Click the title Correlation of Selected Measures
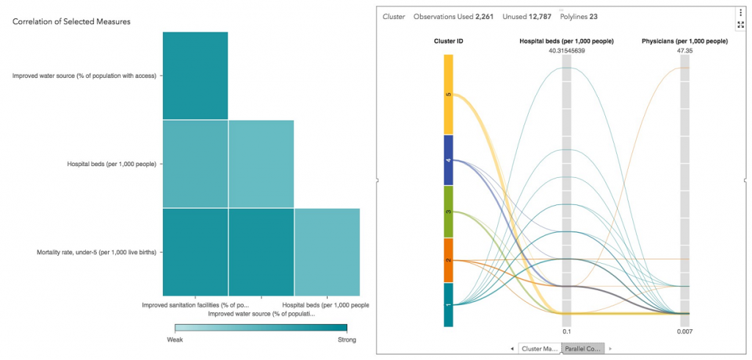(x=71, y=22)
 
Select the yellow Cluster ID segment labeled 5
(x=447, y=94)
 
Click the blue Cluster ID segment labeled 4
(x=447, y=159)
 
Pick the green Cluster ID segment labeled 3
(x=447, y=212)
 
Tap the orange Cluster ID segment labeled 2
(x=447, y=260)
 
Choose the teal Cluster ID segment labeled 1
(x=447, y=304)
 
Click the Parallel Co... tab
(x=583, y=348)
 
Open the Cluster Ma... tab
(x=540, y=348)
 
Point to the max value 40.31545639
(x=566, y=51)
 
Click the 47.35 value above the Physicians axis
(x=684, y=51)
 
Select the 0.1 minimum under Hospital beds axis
(x=566, y=332)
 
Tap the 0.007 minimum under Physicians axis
(x=684, y=332)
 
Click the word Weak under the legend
(x=174, y=339)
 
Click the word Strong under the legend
(x=346, y=339)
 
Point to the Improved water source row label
(x=84, y=76)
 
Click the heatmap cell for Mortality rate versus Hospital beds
(x=327, y=252)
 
